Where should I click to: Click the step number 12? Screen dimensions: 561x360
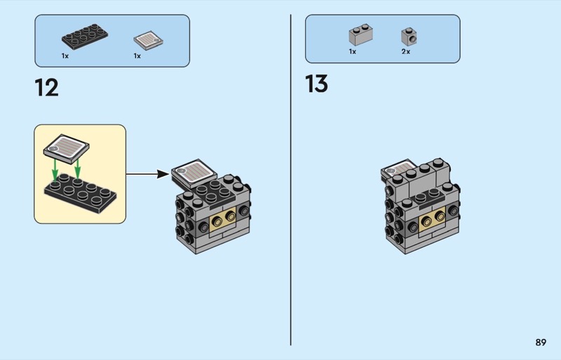click(x=46, y=88)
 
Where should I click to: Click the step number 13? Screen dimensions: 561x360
click(x=316, y=84)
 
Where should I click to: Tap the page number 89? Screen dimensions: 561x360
click(x=541, y=342)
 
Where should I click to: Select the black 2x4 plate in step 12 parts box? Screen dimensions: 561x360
click(x=85, y=36)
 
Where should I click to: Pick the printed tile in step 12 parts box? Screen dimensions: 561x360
click(x=148, y=40)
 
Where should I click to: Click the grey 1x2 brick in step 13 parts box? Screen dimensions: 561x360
click(x=360, y=35)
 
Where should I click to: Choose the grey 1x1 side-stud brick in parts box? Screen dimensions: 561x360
click(x=409, y=36)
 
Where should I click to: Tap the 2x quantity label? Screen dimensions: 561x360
click(x=406, y=52)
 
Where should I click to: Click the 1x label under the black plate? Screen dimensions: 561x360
click(x=65, y=56)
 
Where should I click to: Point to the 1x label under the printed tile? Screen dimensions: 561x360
click(x=137, y=56)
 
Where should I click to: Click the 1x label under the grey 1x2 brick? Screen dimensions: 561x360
click(x=353, y=52)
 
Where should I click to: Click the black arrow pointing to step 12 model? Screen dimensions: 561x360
click(x=148, y=175)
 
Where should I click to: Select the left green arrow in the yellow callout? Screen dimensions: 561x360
click(x=55, y=170)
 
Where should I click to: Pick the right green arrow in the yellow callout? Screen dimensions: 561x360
click(x=77, y=168)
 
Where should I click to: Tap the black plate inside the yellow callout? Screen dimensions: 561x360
click(x=80, y=194)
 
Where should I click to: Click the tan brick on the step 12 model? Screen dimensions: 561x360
click(x=223, y=218)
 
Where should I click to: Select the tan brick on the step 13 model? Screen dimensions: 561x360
click(x=432, y=218)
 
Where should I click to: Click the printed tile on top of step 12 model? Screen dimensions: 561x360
click(x=194, y=173)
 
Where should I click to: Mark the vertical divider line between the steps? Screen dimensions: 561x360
click(x=290, y=180)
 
